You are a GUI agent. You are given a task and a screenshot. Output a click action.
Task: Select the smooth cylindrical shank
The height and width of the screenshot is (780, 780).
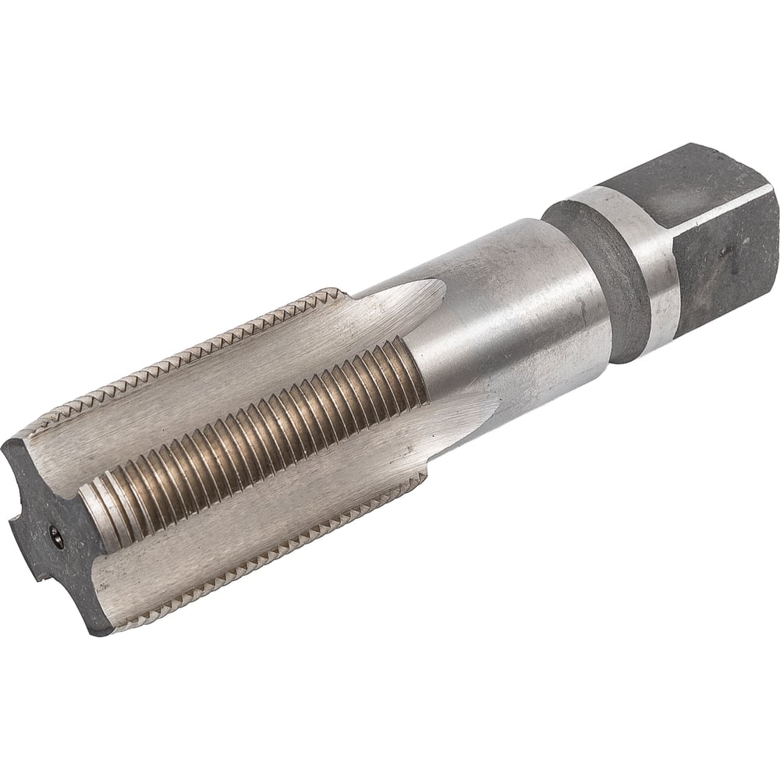tap(515, 312)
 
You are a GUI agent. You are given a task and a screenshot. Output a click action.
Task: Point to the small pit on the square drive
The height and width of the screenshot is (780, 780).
tap(727, 250)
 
